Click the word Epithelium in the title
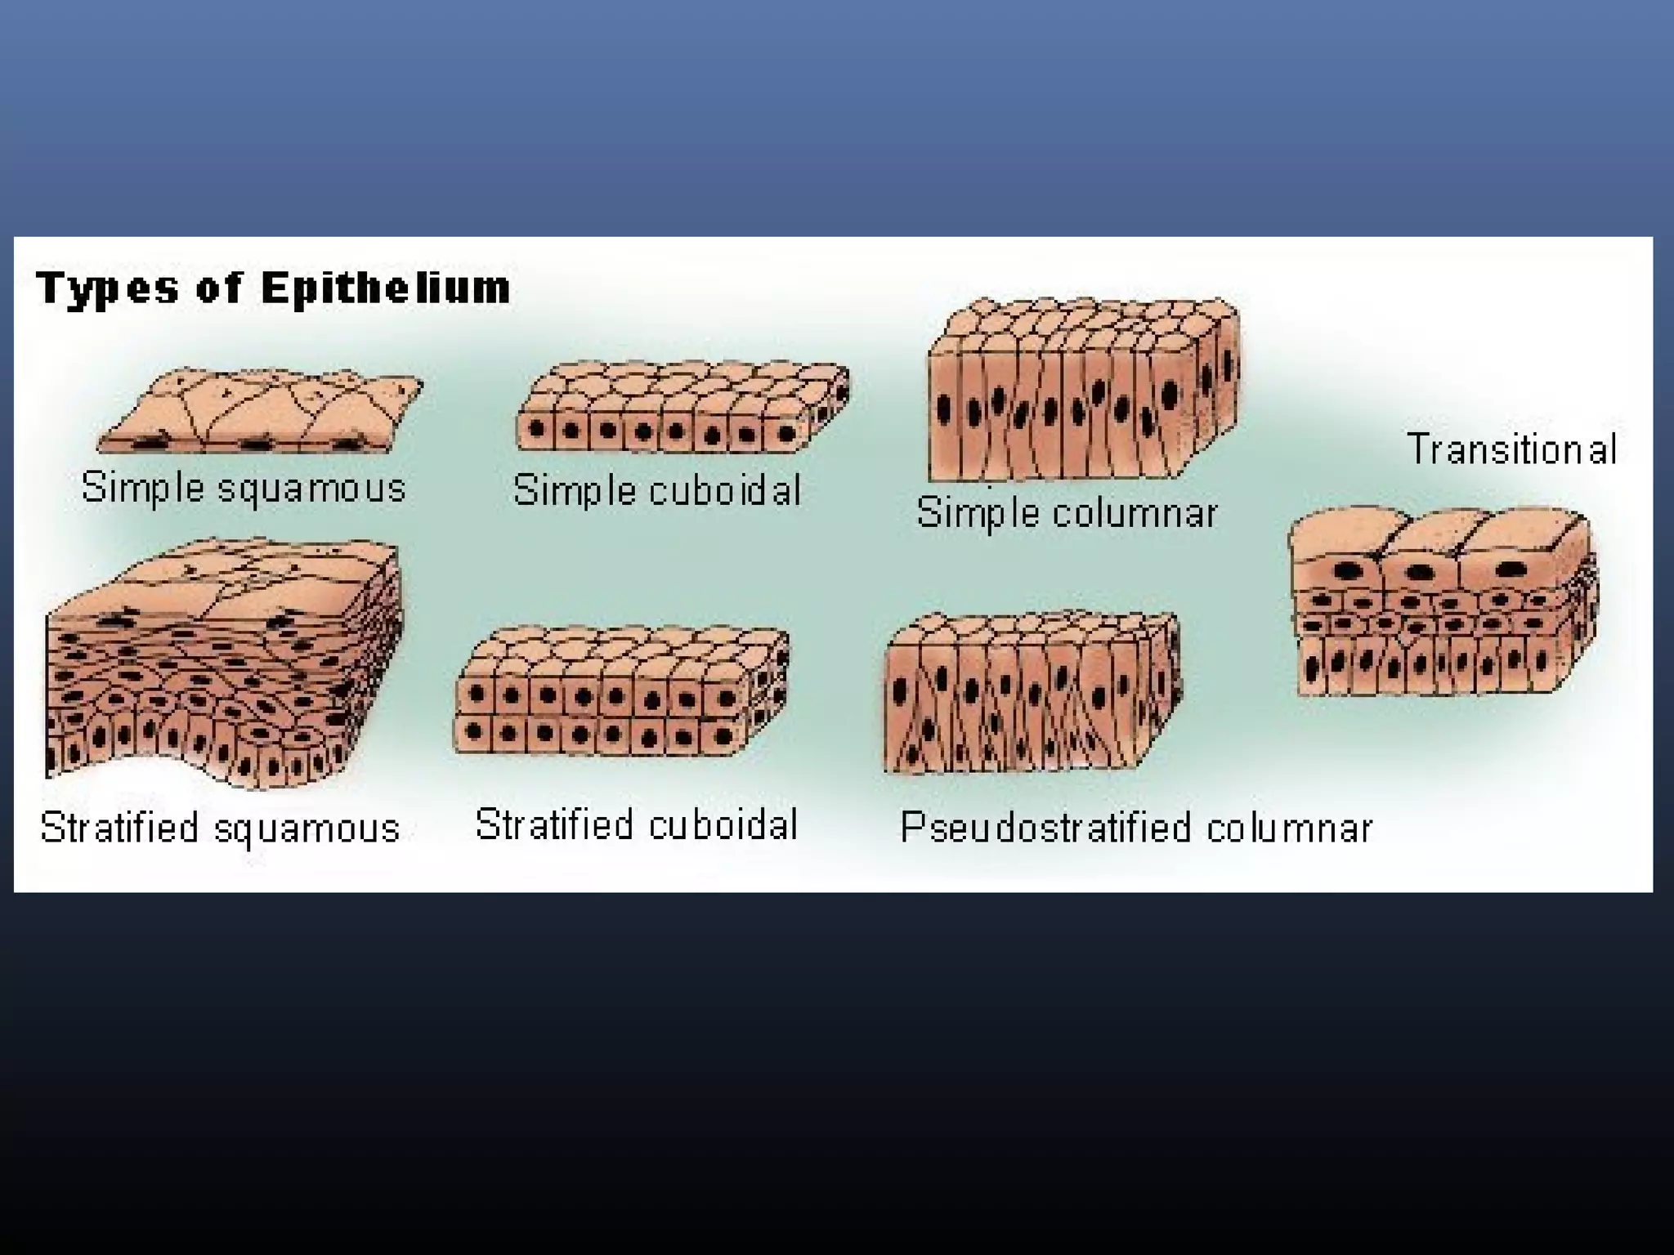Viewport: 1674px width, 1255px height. click(386, 288)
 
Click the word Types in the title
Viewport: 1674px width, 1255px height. click(107, 290)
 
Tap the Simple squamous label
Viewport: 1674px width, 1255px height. click(244, 488)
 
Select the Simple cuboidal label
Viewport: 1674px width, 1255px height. click(656, 490)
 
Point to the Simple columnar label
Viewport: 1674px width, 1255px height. click(1067, 513)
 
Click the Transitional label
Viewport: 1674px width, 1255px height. click(1511, 449)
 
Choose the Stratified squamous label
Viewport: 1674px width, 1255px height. click(220, 828)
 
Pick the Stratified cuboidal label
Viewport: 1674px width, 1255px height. click(636, 824)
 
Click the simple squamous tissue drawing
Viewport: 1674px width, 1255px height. click(260, 413)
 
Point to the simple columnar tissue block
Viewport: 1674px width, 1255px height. click(1083, 390)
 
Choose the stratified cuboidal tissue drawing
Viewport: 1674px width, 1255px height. click(621, 691)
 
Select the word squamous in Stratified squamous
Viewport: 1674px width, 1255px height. click(307, 829)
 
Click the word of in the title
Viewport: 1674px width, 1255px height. click(219, 288)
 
